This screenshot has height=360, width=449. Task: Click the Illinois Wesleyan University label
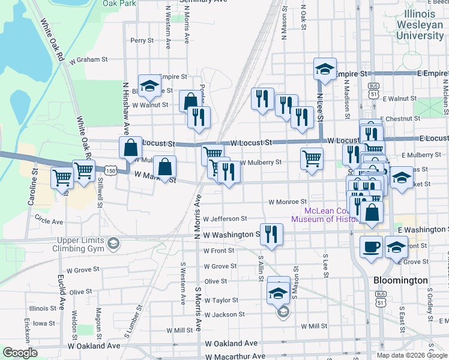[420, 24]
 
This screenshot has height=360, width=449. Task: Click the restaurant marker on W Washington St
[271, 234]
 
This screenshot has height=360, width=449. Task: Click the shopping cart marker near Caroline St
[62, 178]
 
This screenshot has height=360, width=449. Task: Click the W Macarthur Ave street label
[235, 356]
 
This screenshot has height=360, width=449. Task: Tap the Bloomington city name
[400, 280]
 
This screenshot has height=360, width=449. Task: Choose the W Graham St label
[88, 60]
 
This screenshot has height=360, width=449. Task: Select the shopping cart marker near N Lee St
[312, 159]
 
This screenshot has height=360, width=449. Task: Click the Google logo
[20, 353]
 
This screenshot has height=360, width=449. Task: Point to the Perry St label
[142, 41]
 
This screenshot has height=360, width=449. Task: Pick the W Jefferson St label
[225, 219]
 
